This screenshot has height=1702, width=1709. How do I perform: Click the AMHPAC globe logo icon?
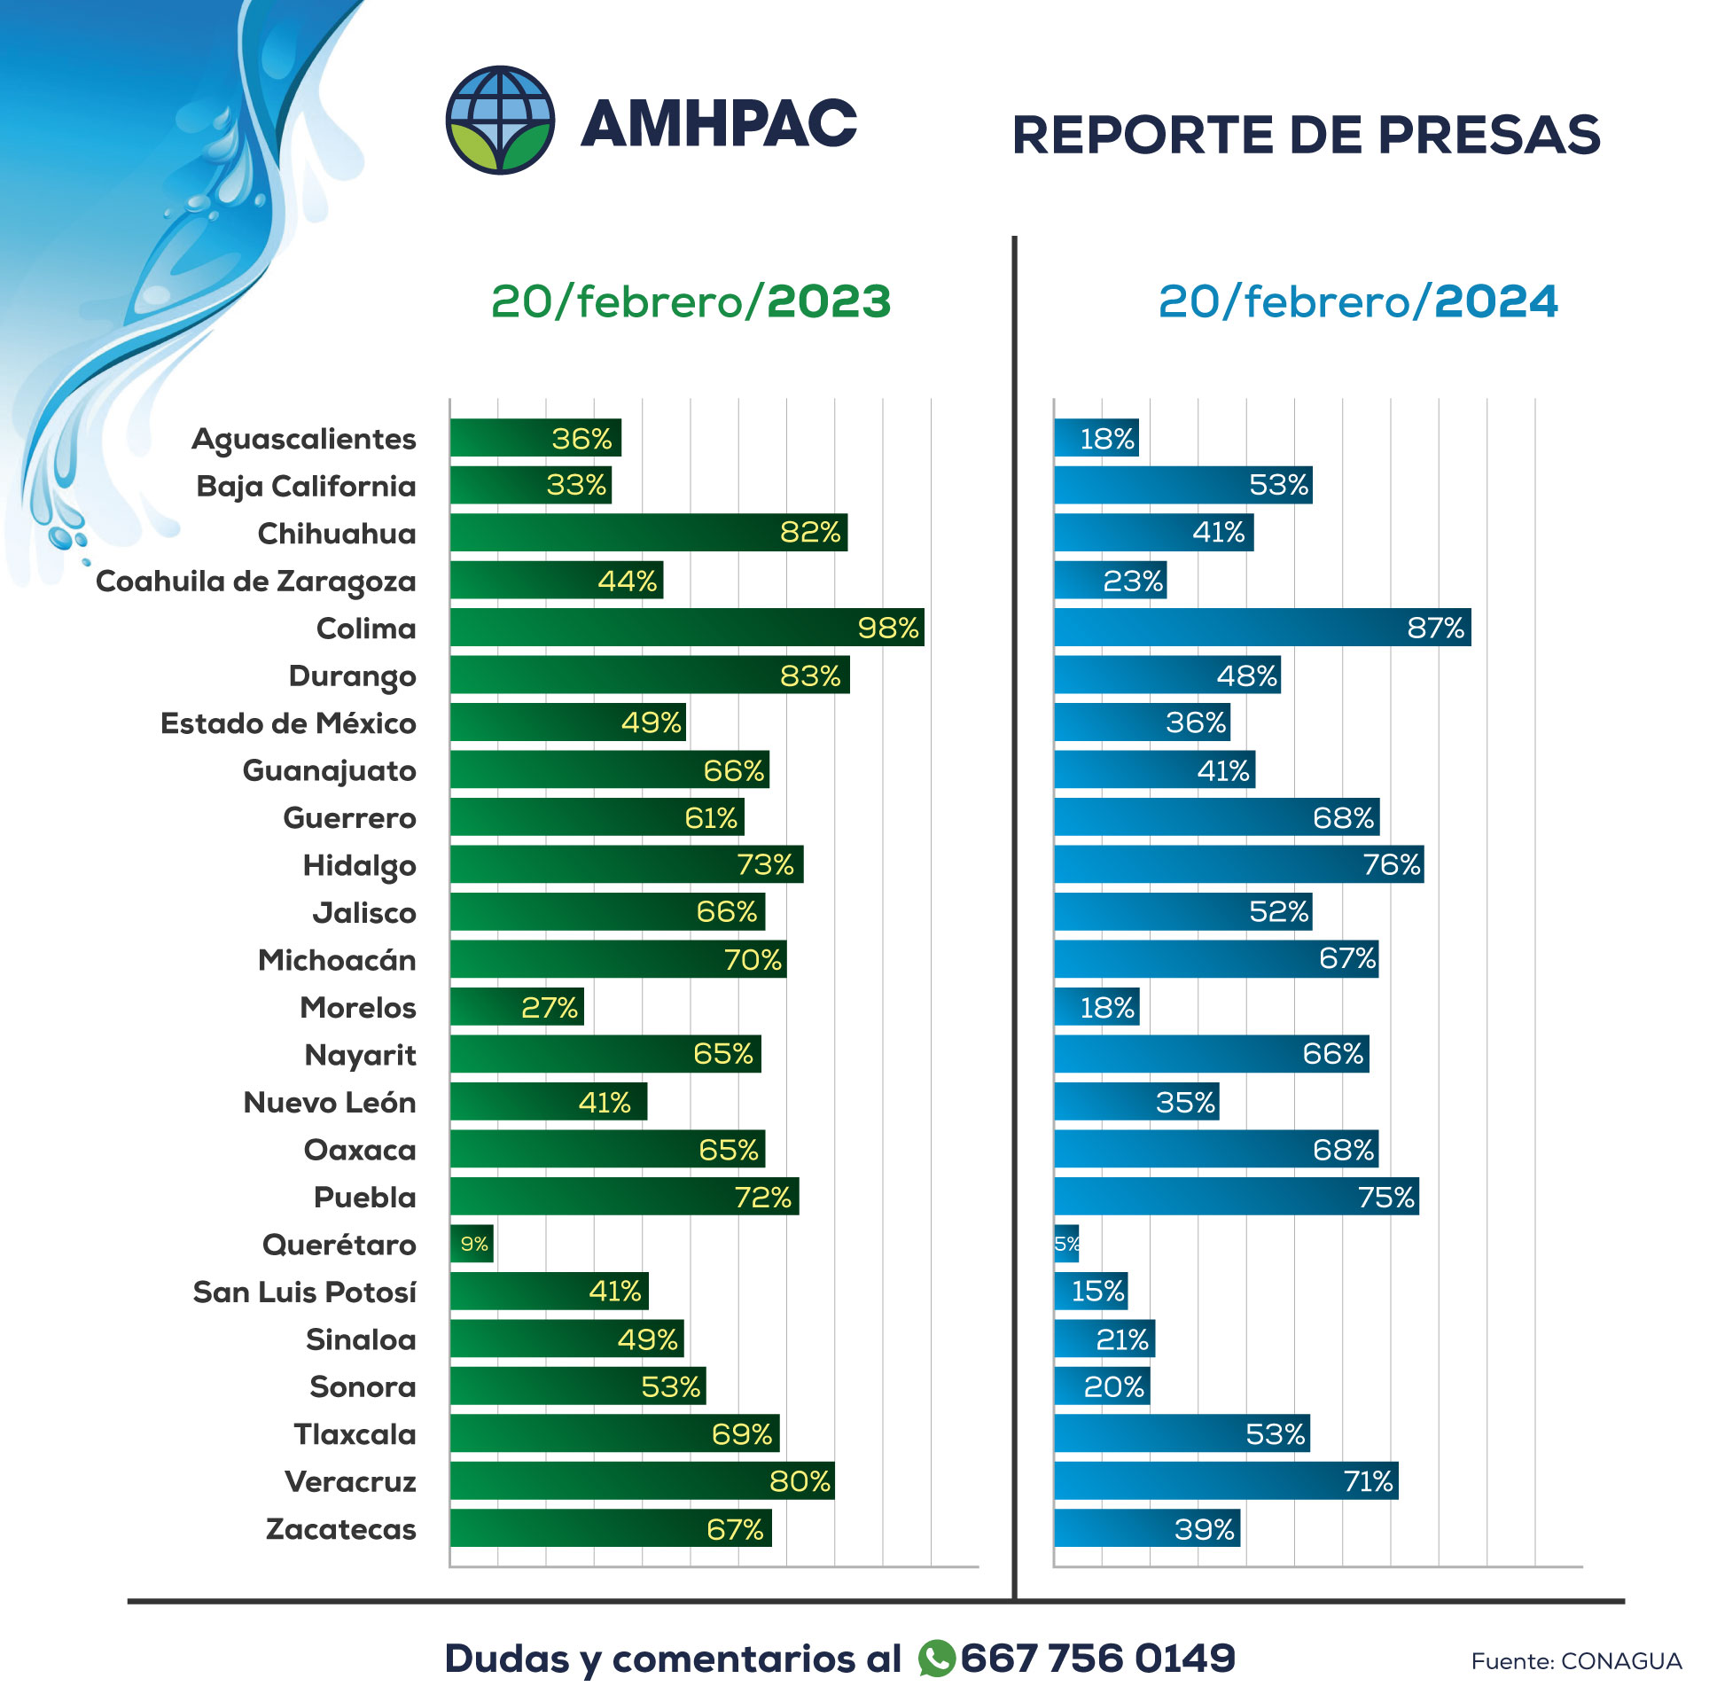tap(500, 121)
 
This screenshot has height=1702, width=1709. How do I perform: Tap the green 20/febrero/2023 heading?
tap(691, 301)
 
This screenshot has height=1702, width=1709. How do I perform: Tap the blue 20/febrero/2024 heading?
tap(1357, 301)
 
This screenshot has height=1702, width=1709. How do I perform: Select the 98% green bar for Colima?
tap(686, 628)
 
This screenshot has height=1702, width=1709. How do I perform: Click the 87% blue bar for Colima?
tap(1261, 628)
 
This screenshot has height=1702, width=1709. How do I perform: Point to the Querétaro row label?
tap(339, 1245)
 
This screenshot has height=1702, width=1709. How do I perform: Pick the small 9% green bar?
tap(472, 1244)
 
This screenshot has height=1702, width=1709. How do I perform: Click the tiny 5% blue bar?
tap(1066, 1244)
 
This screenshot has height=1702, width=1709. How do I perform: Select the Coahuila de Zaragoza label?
tap(255, 582)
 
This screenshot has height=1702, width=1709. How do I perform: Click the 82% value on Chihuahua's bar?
tap(809, 532)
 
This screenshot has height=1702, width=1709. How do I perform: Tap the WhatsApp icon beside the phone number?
tap(936, 1659)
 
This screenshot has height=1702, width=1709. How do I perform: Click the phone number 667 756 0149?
tap(1097, 1659)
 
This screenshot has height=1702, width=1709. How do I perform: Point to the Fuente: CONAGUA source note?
tap(1575, 1661)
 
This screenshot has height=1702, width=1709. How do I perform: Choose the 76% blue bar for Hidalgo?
tap(1238, 864)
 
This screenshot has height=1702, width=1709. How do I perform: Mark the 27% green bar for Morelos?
tap(517, 1007)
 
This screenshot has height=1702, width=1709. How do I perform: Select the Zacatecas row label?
tap(340, 1529)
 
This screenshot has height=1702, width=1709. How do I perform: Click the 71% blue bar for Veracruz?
tap(1225, 1481)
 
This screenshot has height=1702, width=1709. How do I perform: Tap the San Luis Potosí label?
tap(304, 1292)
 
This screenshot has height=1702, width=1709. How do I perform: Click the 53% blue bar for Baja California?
tap(1182, 485)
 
